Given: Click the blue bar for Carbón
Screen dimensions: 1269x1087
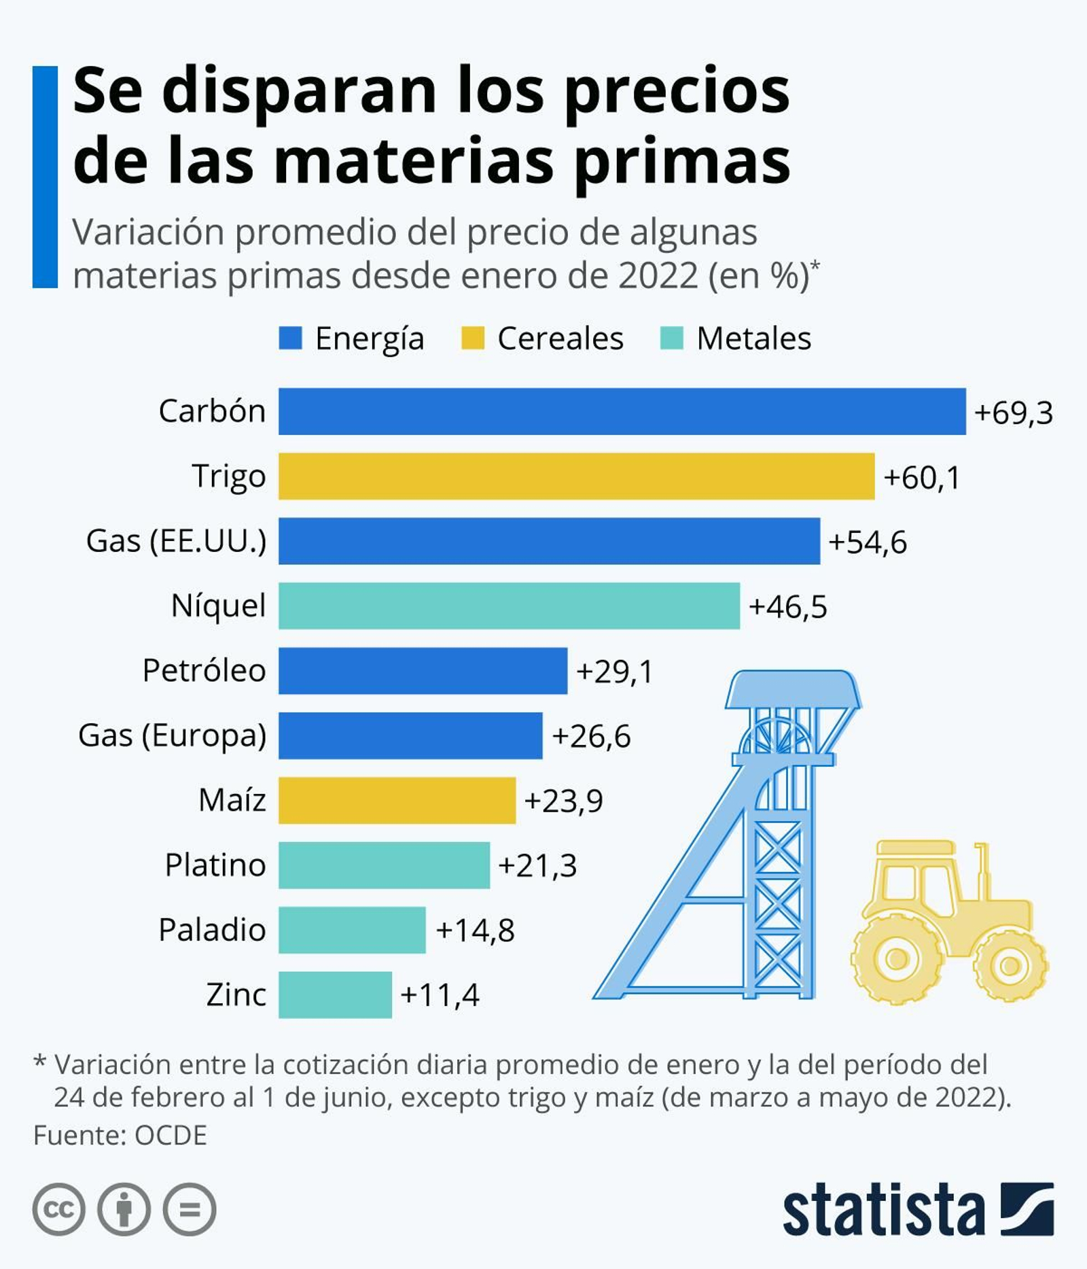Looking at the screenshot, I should pyautogui.click(x=622, y=411).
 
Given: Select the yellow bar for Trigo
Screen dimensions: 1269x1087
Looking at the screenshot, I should pyautogui.click(x=576, y=476).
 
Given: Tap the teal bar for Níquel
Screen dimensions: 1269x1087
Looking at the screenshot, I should pyautogui.click(x=509, y=606).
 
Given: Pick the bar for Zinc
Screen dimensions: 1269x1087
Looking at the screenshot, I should pyautogui.click(x=335, y=994).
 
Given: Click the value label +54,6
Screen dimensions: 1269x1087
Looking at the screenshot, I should pyautogui.click(x=868, y=542).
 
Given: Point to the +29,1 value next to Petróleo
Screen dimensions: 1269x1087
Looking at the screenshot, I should pyautogui.click(x=614, y=672).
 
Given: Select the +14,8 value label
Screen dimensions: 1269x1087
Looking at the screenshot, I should pyautogui.click(x=475, y=930).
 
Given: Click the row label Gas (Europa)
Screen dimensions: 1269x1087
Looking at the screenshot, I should pyautogui.click(x=173, y=735).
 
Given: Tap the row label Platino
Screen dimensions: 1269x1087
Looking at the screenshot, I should pyautogui.click(x=215, y=865).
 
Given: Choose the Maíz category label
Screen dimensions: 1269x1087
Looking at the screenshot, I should pyautogui.click(x=232, y=800).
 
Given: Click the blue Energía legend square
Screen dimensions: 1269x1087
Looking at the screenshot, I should pyautogui.click(x=290, y=338).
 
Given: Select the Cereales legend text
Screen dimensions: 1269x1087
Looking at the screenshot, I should pyautogui.click(x=560, y=338).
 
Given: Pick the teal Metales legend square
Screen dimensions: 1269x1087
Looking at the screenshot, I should pyautogui.click(x=671, y=338).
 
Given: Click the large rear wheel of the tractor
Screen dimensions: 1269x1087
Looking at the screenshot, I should pyautogui.click(x=896, y=959).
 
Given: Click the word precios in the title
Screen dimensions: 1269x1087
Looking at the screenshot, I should pyautogui.click(x=677, y=92).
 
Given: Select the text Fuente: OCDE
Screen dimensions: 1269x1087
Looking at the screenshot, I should pyautogui.click(x=120, y=1135).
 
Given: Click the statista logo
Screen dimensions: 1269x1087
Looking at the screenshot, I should pyautogui.click(x=917, y=1209).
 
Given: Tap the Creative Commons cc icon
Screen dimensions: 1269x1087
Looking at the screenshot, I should pyautogui.click(x=59, y=1209).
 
